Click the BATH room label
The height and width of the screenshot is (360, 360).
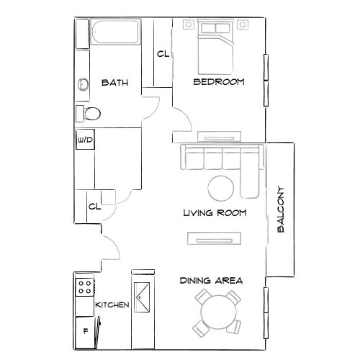pos(114,83)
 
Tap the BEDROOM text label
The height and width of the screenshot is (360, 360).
pos(219,82)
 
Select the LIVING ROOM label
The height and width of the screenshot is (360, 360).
pos(215,213)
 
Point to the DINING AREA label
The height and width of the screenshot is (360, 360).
pos(211,280)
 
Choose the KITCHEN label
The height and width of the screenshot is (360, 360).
pos(112,305)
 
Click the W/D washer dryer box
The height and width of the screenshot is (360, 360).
pos(84,140)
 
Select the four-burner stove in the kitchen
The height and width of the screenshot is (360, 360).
pos(84,287)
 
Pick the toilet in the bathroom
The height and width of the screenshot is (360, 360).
pos(89,113)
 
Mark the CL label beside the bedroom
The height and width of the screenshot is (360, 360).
pos(163,54)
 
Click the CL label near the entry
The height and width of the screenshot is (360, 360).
pos(94,207)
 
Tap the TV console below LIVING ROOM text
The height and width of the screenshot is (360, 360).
pos(214,238)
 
